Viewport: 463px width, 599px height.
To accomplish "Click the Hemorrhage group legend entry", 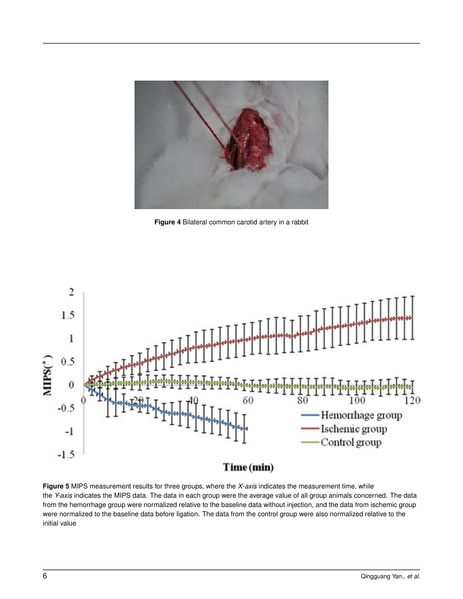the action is click(351, 415).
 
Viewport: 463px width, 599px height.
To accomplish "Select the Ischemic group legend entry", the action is click(344, 429).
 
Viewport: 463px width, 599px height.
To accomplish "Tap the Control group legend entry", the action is click(341, 442).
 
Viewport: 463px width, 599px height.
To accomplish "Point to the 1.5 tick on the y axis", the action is click(68, 315).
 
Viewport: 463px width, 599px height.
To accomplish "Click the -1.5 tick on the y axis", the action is click(66, 455).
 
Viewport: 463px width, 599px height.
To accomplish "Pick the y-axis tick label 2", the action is click(71, 292).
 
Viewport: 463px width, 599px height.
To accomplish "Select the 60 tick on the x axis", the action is click(248, 400).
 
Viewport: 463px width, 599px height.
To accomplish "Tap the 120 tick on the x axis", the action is click(412, 400).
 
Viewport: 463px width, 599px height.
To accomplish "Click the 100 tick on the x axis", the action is click(357, 400).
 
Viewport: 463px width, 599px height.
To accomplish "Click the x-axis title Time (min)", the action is click(248, 467).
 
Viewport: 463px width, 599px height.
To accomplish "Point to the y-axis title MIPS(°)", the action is click(48, 375).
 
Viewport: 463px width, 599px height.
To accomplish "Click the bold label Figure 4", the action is click(167, 222).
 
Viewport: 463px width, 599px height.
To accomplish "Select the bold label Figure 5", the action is click(56, 486).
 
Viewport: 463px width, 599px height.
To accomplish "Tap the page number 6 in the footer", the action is click(45, 576).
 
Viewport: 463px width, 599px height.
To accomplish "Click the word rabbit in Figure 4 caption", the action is click(299, 222).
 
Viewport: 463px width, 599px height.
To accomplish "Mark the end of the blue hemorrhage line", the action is click(246, 429).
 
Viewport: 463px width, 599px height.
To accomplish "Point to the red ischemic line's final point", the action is click(412, 317).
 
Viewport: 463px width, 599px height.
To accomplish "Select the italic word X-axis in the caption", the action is click(247, 486).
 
